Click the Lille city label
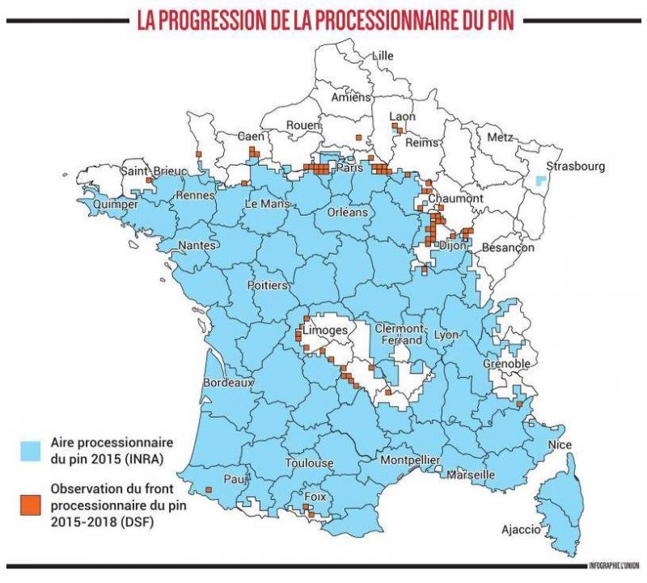point(383,56)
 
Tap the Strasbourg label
point(575,167)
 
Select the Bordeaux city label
point(229,382)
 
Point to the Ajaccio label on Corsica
point(520,530)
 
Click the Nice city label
point(559,445)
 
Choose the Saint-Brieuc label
point(154,171)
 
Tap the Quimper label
point(115,204)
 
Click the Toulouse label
point(308,463)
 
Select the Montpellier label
point(409,460)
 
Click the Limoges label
point(328,331)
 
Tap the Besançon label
point(507,247)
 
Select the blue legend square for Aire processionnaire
point(31,450)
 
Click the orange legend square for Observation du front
point(31,498)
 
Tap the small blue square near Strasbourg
point(541,182)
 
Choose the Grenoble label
point(507,364)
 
